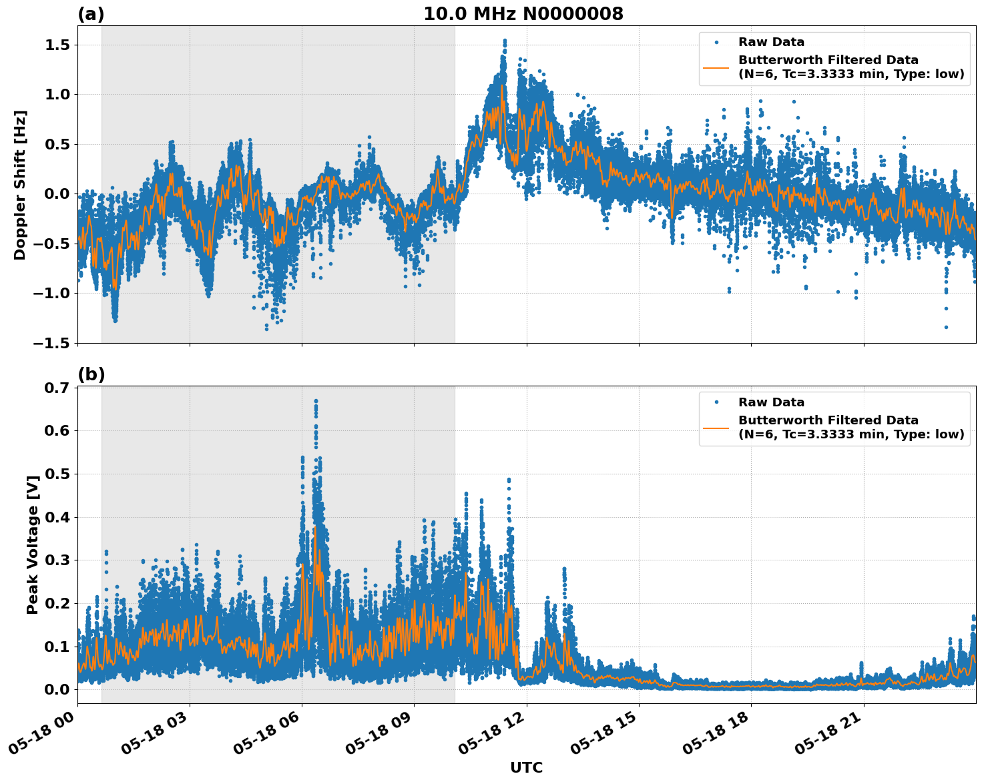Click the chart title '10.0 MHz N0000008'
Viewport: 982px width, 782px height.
(x=523, y=14)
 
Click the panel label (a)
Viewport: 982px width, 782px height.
(x=91, y=14)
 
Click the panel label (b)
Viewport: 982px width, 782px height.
(x=91, y=374)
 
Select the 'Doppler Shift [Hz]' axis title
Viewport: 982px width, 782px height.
(x=20, y=185)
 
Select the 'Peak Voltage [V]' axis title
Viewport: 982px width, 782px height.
(x=32, y=544)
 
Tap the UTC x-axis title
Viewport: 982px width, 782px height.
(x=526, y=767)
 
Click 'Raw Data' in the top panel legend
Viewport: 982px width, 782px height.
(x=771, y=42)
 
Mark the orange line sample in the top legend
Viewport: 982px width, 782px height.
(x=716, y=67)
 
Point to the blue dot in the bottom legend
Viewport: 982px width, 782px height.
(x=716, y=402)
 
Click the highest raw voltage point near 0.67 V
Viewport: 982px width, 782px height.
(x=316, y=401)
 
